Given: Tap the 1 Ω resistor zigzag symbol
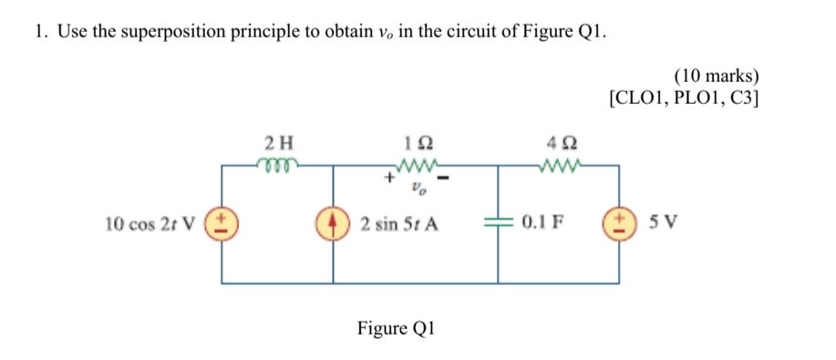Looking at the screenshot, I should (x=417, y=166).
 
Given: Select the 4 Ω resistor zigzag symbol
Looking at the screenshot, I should (x=557, y=166).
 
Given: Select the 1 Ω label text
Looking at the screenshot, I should (x=417, y=143).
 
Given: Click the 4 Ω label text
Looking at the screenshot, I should (x=557, y=143).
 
